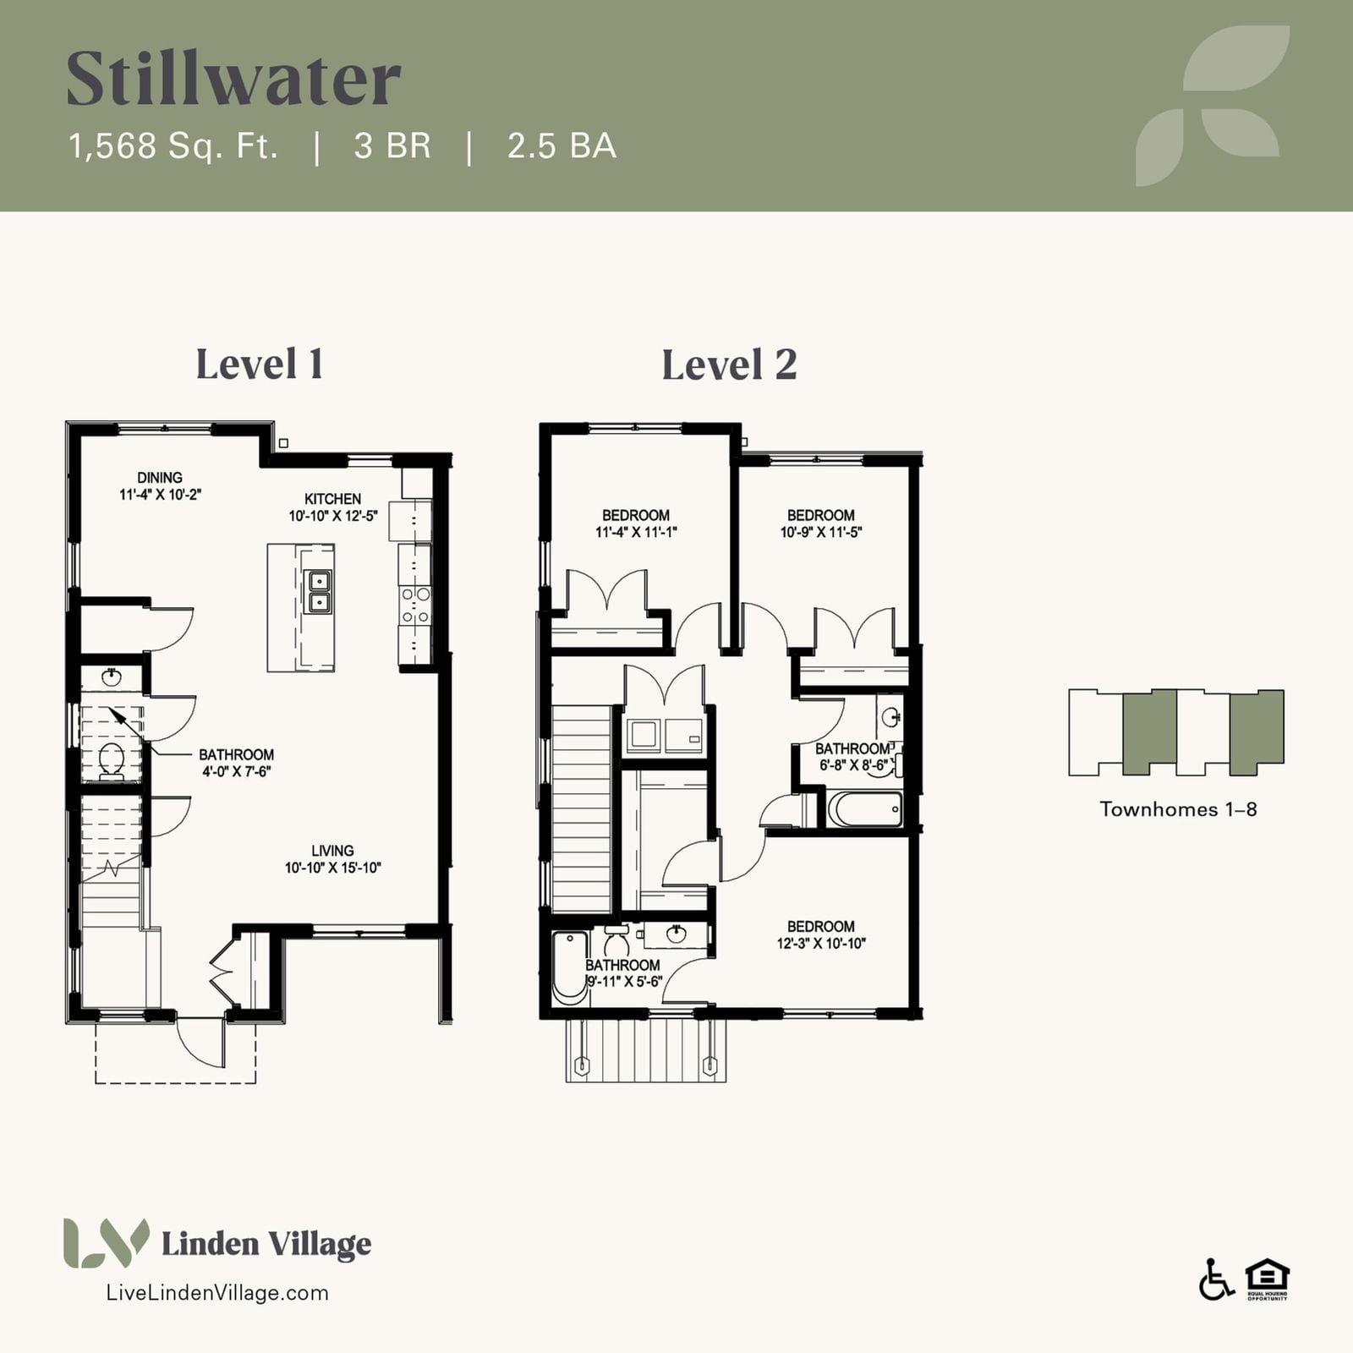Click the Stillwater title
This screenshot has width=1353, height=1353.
pos(233,78)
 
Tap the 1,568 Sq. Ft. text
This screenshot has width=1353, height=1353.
pos(173,146)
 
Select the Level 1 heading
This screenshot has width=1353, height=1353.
pos(260,364)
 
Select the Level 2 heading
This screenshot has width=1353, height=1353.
pos(729,364)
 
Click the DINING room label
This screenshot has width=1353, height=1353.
pos(160,478)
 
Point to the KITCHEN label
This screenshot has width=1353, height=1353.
pos(332,499)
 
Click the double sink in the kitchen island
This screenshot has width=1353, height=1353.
pos(319,591)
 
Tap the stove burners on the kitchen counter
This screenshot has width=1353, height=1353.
pos(415,605)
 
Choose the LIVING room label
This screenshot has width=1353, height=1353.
pos(332,851)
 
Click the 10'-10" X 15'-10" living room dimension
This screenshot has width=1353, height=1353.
pos(333,868)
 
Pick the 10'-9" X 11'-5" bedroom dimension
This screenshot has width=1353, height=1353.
pos(821,532)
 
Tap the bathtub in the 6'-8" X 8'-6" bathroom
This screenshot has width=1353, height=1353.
pos(864,809)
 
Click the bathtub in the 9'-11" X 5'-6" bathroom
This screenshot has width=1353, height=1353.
pos(570,967)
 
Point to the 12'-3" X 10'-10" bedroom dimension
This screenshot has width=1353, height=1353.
pos(822,943)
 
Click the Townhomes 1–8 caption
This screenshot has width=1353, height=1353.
pos(1178,809)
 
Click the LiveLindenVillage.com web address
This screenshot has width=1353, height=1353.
pos(217,1293)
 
